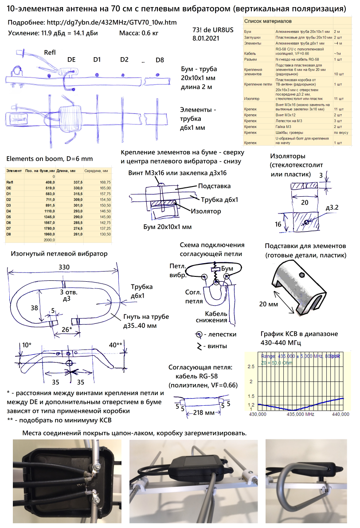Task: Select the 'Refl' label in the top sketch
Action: click(50, 53)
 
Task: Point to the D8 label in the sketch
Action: click(160, 60)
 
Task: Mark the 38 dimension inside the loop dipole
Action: click(34, 307)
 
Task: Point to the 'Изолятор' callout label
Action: click(207, 211)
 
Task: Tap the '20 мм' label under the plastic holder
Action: click(269, 304)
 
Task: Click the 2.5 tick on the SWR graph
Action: click(250, 367)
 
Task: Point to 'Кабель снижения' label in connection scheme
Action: click(216, 316)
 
